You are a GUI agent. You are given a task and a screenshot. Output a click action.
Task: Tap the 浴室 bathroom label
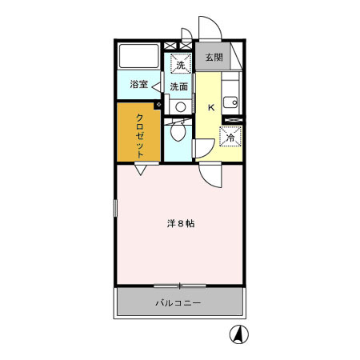pyautogui.click(x=138, y=84)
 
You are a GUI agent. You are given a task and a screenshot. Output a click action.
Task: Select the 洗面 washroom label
pyautogui.click(x=178, y=86)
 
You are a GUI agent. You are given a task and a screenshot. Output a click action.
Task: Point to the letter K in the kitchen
pyautogui.click(x=212, y=107)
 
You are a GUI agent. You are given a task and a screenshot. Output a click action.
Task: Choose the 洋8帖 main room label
pyautogui.click(x=180, y=224)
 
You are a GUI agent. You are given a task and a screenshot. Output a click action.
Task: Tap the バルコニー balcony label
pyautogui.click(x=178, y=303)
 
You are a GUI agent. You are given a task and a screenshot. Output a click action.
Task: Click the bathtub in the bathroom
pyautogui.click(x=139, y=57)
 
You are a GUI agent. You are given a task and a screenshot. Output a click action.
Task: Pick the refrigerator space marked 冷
pyautogui.click(x=230, y=137)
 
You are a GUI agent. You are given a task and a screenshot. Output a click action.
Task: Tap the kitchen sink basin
pyautogui.click(x=230, y=102)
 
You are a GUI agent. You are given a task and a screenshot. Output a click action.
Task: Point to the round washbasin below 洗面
pyautogui.click(x=181, y=106)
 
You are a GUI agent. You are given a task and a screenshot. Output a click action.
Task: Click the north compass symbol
pyautogui.click(x=237, y=335)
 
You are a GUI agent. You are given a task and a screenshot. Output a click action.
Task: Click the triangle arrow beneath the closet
pyautogui.click(x=141, y=170)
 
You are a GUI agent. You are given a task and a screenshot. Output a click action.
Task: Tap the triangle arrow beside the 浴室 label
pyautogui.click(x=158, y=85)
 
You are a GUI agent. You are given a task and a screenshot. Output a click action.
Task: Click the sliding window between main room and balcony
pyautogui.click(x=179, y=285)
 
